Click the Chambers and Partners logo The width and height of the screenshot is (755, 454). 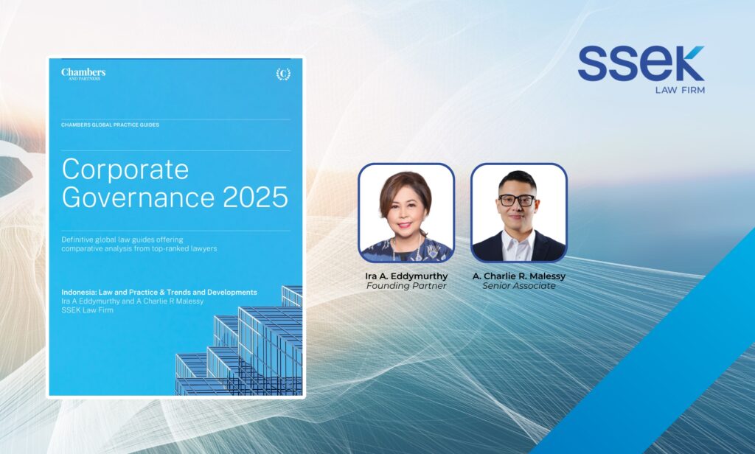coord(83,74)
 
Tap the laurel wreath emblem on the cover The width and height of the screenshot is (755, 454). coord(283,74)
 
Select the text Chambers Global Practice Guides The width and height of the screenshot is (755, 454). coord(111,125)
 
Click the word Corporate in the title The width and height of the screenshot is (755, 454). coord(125,170)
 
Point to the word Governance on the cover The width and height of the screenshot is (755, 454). coord(138,197)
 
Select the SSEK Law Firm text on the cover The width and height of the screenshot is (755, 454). coord(87,310)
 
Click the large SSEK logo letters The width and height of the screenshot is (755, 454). coord(641,63)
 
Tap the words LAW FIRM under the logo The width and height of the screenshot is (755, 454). coord(680,90)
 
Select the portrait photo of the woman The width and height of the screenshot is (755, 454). coord(406,213)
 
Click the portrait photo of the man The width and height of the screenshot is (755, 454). coord(519,213)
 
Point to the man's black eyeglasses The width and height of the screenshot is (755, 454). coord(517,200)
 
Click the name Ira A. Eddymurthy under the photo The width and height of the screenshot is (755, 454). coord(406,276)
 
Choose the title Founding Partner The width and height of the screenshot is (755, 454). coord(406,286)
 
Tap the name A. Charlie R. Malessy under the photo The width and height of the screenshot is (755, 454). coord(519,276)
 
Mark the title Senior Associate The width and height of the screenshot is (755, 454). coord(519,286)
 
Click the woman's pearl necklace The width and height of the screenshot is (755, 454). coord(407,247)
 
